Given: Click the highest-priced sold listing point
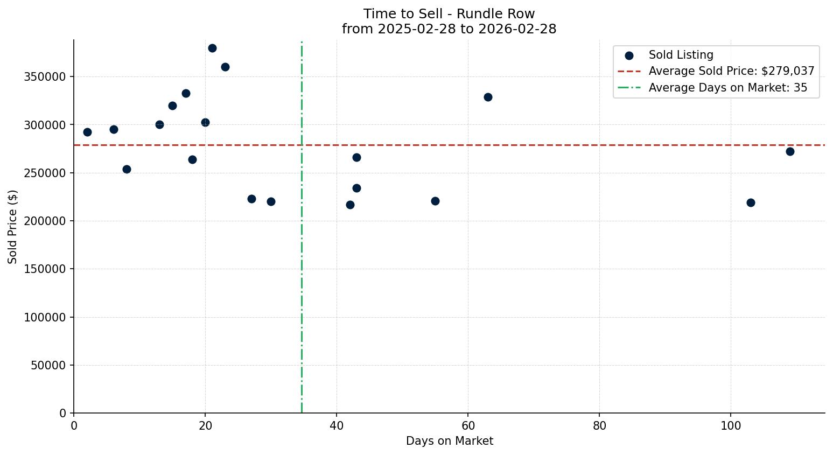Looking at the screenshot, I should coord(212,48).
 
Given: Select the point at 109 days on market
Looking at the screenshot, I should coord(790,151).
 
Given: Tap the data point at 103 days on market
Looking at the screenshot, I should coord(751,202).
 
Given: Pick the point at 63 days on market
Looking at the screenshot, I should coord(488,97).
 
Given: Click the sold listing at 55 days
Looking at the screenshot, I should coord(435,201).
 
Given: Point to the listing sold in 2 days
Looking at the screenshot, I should coord(87,132).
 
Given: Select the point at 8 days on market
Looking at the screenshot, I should coord(127,169).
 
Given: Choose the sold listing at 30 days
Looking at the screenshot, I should coord(271,201).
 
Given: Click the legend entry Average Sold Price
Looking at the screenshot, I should coord(731,71).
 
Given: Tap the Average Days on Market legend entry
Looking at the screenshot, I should coord(727,88).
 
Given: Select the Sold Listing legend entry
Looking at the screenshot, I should coord(681,55).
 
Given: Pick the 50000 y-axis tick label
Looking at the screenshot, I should coord(47,365).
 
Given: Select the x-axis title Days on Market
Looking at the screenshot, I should coord(449,441).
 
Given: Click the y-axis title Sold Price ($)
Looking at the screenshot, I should coord(12,227).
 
